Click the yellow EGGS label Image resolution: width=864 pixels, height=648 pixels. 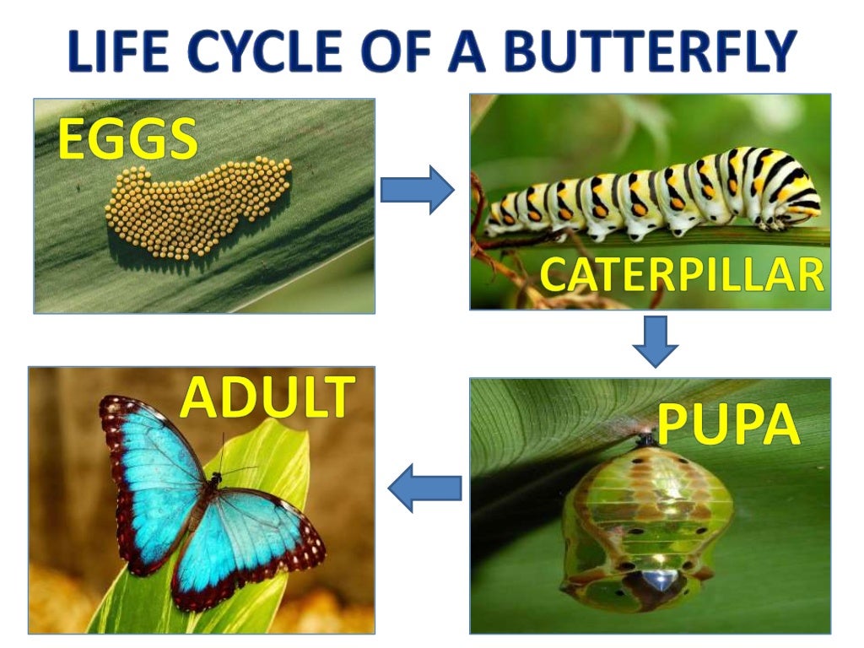click(127, 140)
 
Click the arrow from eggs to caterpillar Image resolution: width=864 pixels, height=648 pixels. click(417, 190)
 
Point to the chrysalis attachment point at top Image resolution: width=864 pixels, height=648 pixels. click(646, 439)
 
